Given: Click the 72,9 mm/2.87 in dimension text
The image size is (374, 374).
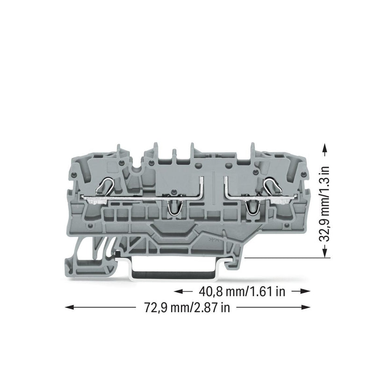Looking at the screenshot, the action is [x=187, y=308].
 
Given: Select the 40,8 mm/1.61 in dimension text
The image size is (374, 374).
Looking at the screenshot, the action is [x=242, y=291].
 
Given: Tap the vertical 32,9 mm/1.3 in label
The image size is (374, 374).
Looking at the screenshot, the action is [x=324, y=204].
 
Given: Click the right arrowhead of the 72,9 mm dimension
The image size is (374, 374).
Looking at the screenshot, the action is [x=306, y=308].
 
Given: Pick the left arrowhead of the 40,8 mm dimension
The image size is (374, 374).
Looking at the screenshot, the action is [x=178, y=291].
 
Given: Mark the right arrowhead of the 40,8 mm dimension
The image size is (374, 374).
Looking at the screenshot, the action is [x=306, y=291].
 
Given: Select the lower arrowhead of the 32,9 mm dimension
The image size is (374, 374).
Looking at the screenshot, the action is [x=324, y=253].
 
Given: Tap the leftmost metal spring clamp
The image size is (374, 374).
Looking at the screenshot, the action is [x=104, y=187].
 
